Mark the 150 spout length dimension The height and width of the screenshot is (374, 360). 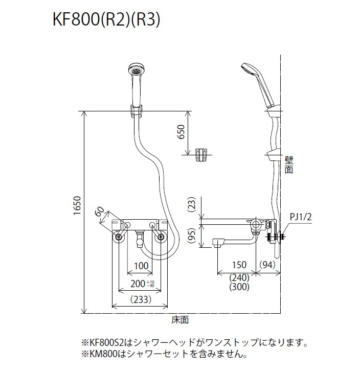236,265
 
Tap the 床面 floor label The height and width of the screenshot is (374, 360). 180,320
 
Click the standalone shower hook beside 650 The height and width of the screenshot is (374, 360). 202,154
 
